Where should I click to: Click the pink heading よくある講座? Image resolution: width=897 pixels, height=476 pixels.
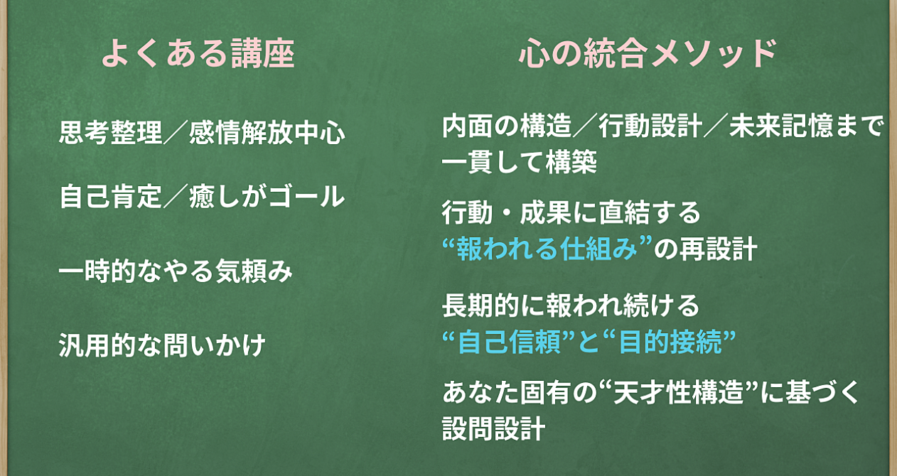point(198,53)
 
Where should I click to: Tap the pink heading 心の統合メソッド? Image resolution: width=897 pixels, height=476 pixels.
point(647,53)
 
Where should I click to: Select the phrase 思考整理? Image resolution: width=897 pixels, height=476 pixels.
point(110,132)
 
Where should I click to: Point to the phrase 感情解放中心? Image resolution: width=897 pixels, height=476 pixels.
point(267,132)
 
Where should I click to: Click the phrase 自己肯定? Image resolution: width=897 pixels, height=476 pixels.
point(110,197)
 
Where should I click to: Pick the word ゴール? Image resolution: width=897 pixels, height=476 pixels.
point(307,197)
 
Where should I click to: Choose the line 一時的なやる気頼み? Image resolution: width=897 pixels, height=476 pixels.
point(176,271)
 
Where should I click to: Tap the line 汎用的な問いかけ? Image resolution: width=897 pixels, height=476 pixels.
point(162,345)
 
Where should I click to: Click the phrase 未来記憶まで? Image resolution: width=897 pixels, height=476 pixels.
point(807,126)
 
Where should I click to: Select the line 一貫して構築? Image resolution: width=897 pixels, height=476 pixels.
point(520,162)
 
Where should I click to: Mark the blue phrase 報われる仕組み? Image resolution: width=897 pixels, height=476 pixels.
point(547,248)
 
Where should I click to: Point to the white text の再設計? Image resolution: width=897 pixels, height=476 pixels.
point(706,248)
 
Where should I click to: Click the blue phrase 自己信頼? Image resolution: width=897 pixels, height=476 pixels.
point(509,342)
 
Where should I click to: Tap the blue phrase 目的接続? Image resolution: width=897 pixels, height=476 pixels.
point(670,342)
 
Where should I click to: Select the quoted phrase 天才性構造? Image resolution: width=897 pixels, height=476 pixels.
point(678,391)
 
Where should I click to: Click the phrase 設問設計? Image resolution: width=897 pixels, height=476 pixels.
point(493,428)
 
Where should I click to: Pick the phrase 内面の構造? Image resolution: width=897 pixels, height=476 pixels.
point(507,126)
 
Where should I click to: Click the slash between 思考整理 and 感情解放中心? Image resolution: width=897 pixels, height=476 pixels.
point(176,132)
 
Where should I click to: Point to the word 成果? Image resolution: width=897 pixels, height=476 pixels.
point(545,212)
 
